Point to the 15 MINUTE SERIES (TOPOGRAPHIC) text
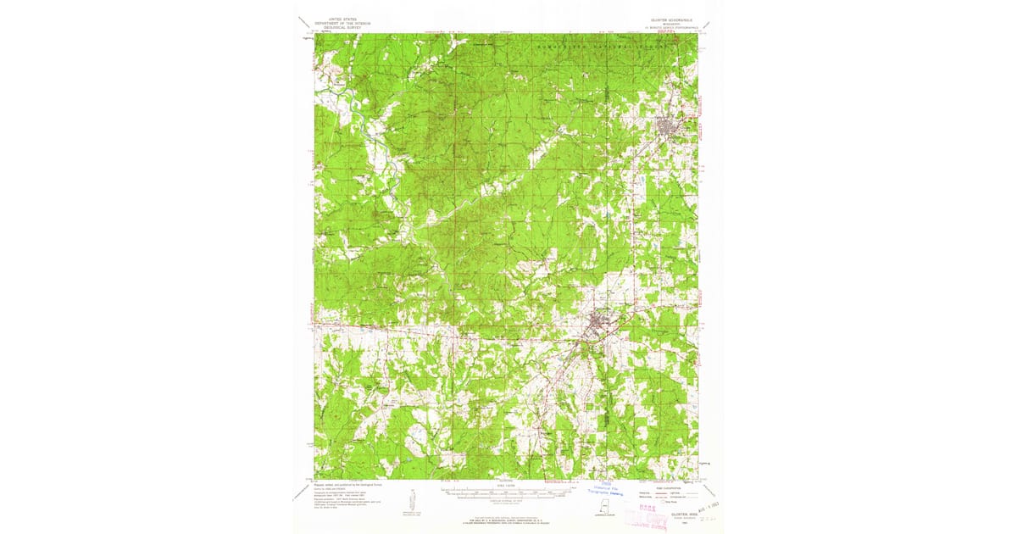pyautogui.click(x=669, y=27)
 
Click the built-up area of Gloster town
pyautogui.click(x=669, y=127)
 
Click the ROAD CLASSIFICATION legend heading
pyautogui.click(x=669, y=484)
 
